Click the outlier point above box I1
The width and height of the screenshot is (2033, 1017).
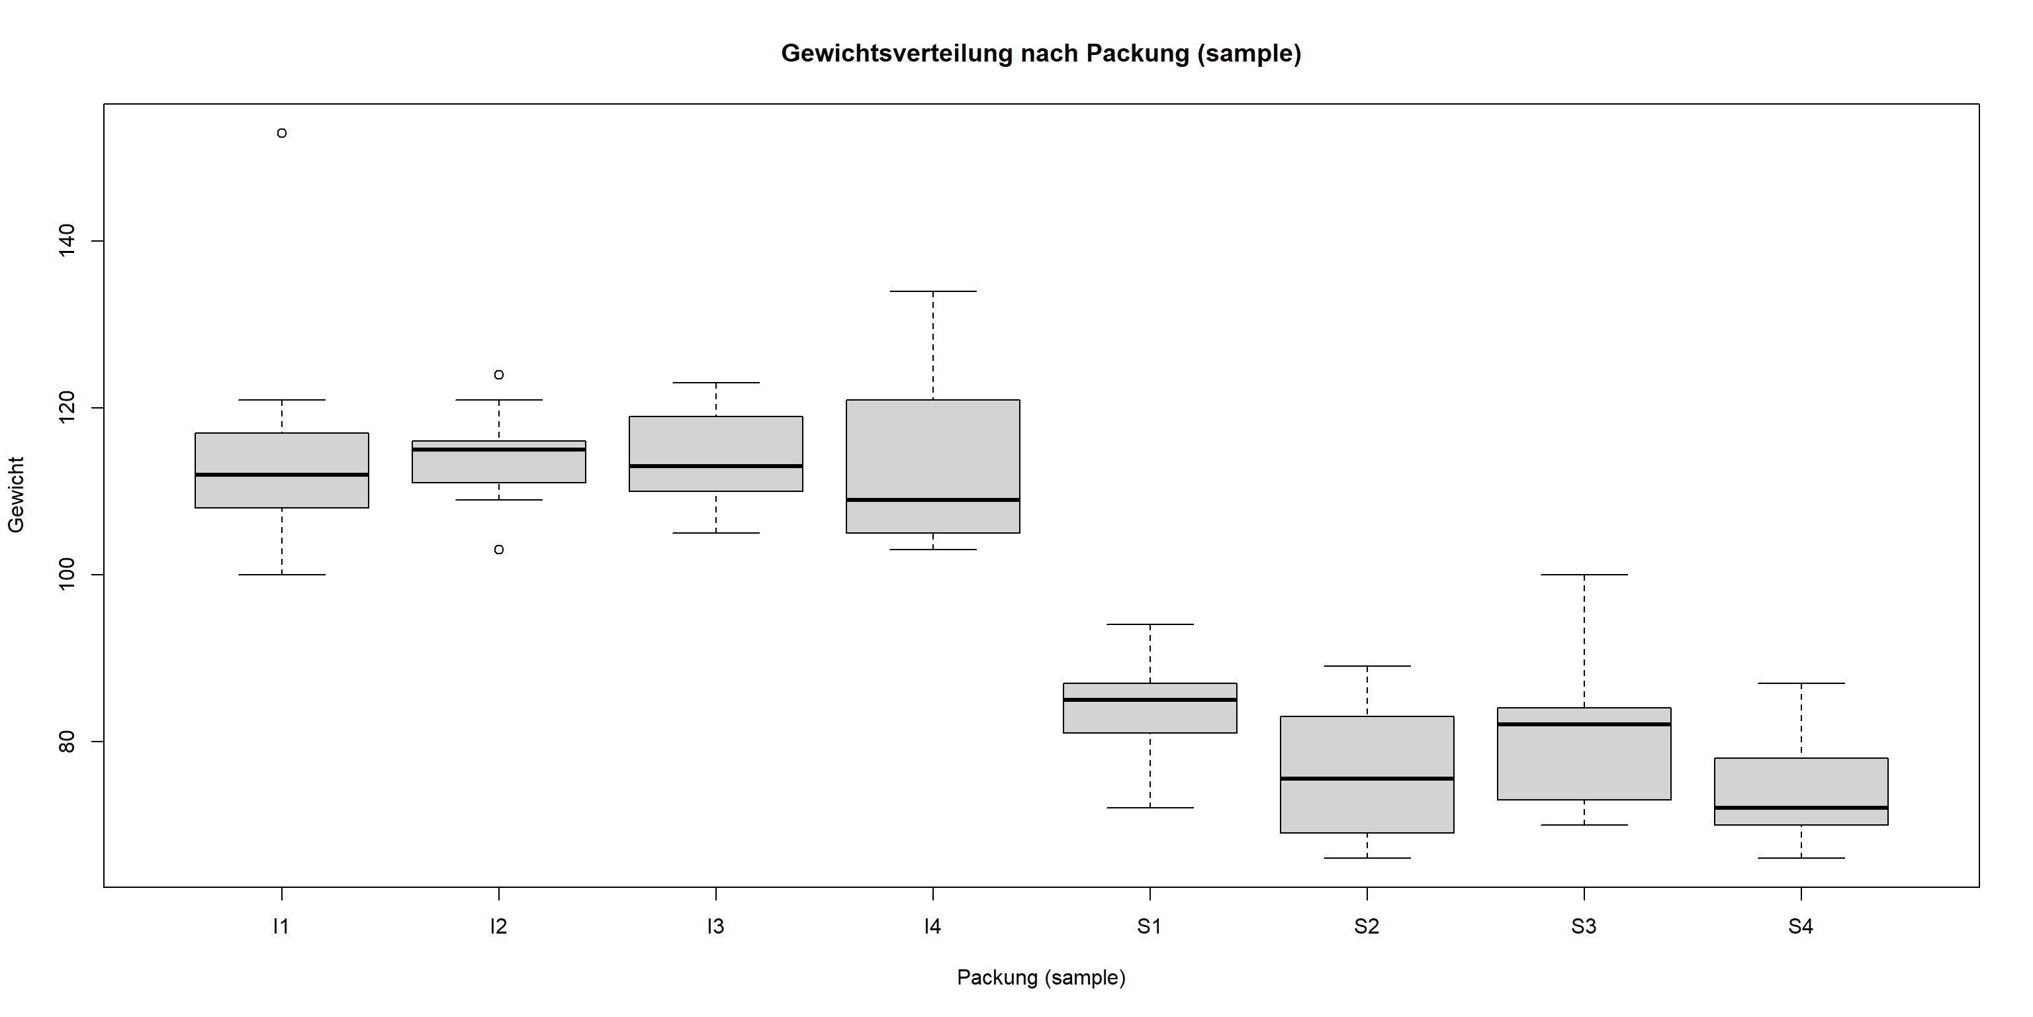tap(282, 134)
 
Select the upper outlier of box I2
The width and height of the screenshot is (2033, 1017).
tap(499, 374)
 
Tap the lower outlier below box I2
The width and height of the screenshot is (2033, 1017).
tap(499, 550)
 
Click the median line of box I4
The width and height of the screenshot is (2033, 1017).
tap(933, 500)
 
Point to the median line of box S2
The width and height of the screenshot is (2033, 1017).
tap(1367, 779)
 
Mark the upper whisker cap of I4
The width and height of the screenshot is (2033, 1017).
tap(933, 291)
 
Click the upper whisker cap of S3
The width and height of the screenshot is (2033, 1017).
tap(1584, 575)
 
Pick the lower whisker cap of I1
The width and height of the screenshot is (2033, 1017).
tap(282, 575)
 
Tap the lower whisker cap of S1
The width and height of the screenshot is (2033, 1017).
tap(1150, 808)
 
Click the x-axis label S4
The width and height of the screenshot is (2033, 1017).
tap(1800, 927)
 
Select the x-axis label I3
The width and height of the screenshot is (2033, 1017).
tap(715, 927)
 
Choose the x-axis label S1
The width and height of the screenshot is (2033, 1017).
tap(1149, 927)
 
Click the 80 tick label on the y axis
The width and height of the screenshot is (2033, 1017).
tap(67, 742)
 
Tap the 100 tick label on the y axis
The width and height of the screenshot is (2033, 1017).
tap(67, 574)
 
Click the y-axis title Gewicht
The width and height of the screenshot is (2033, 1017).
tap(17, 495)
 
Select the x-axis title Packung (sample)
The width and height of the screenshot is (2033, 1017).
tap(1041, 977)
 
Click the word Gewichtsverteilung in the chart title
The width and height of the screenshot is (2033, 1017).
tap(897, 54)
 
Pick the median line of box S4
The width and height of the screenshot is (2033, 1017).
tap(1801, 808)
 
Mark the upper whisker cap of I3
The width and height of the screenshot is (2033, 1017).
tap(716, 383)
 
